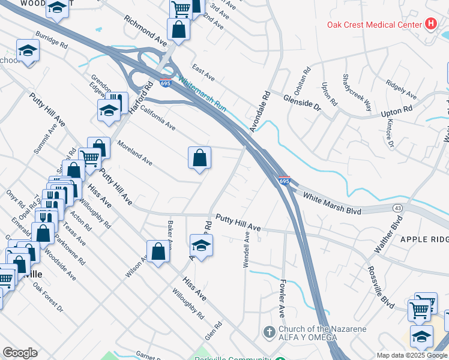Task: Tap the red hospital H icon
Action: coord(430,24)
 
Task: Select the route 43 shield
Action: coord(397,208)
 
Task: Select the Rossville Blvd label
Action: coord(378,287)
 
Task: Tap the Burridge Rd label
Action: coord(51,40)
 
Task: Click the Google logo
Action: coord(20,353)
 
